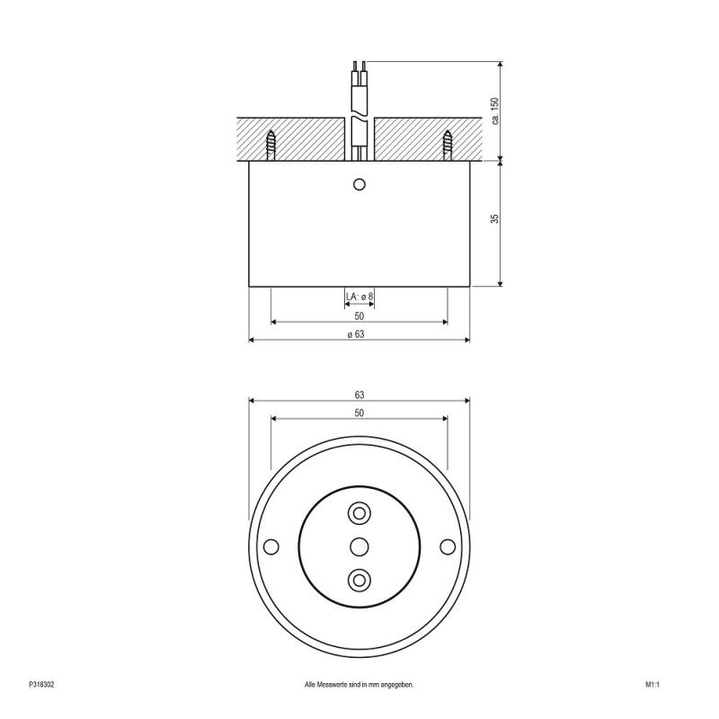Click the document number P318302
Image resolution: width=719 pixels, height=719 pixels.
42,685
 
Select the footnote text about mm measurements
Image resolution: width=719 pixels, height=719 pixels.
359,685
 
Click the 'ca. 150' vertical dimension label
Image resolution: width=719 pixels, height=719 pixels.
494,111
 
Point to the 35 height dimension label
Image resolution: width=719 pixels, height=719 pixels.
494,219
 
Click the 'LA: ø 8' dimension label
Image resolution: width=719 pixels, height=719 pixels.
359,297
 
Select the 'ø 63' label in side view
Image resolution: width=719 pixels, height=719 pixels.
359,333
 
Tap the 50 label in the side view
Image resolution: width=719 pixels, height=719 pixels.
359,315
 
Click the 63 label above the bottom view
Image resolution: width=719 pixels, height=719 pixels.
359,395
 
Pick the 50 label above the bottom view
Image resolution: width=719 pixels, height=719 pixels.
359,413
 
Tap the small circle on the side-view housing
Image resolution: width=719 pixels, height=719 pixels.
359,184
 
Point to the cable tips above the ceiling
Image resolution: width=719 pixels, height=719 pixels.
359,66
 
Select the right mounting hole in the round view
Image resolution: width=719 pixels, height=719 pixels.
447,546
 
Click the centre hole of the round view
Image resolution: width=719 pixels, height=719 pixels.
359,546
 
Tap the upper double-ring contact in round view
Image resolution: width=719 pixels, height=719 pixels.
359,512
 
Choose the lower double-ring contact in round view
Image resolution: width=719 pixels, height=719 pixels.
359,579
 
